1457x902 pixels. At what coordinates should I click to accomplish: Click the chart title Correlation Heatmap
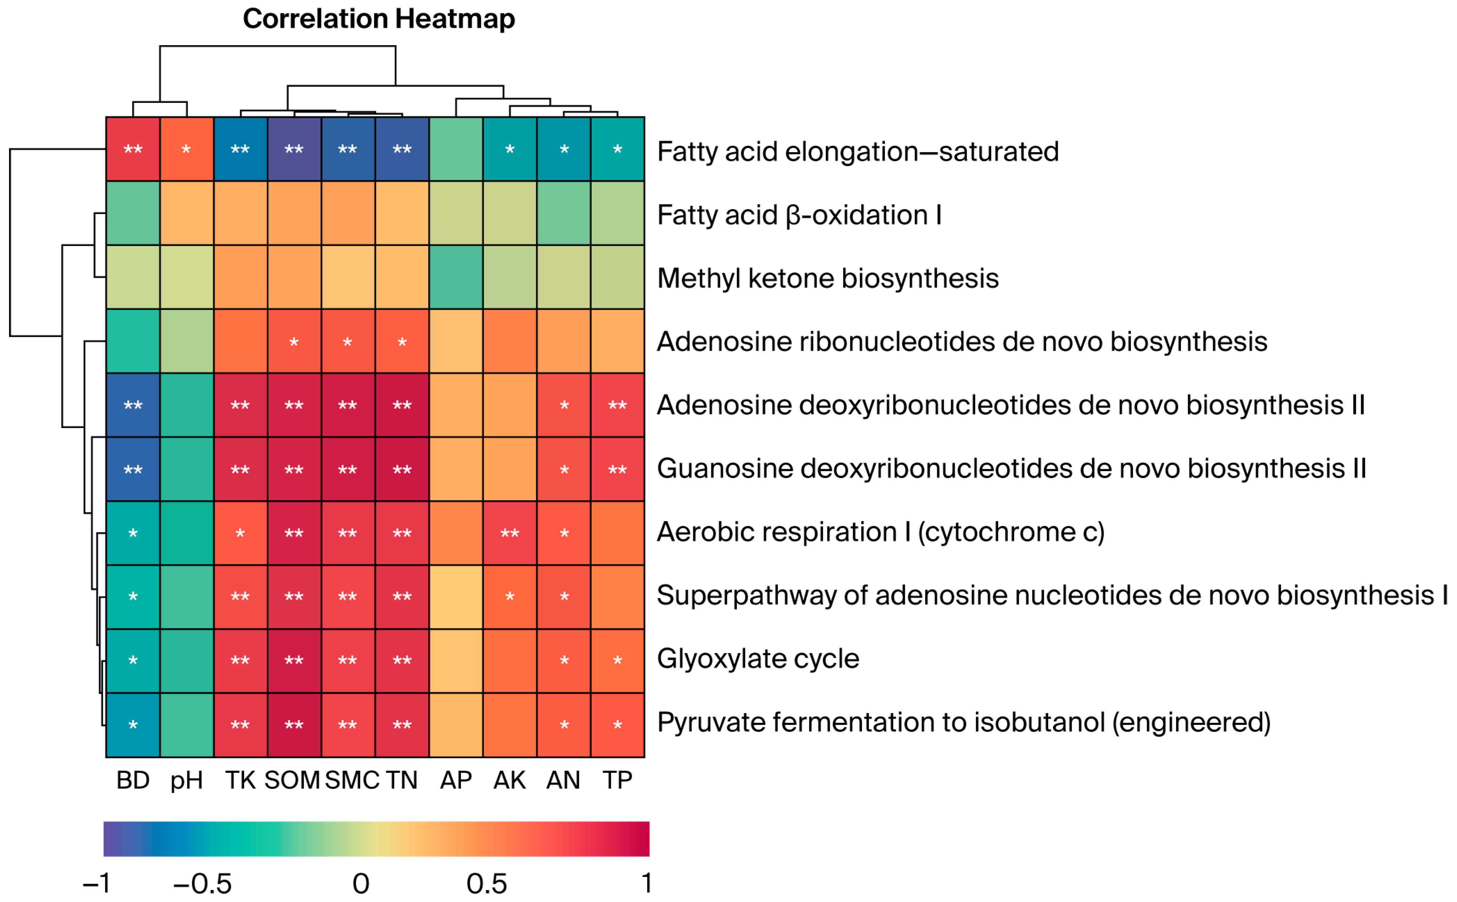tap(378, 19)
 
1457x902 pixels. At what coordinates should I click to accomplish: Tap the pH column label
tap(186, 780)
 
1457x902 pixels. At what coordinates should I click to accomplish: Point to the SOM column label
tap(292, 780)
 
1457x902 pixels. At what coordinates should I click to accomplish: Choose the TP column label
tap(617, 780)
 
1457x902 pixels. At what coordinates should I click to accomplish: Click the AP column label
tap(456, 780)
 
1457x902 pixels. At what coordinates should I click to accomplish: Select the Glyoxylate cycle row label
tap(758, 659)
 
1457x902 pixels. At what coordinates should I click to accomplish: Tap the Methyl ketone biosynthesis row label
tap(828, 279)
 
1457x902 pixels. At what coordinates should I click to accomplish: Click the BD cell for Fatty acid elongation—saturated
tap(133, 149)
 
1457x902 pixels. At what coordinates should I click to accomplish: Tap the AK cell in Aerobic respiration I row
tap(509, 533)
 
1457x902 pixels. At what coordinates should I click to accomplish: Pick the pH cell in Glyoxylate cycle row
tap(187, 660)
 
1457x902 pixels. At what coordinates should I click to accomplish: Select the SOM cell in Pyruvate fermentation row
tap(294, 725)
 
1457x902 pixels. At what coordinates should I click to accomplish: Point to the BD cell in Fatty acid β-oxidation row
tap(133, 213)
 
